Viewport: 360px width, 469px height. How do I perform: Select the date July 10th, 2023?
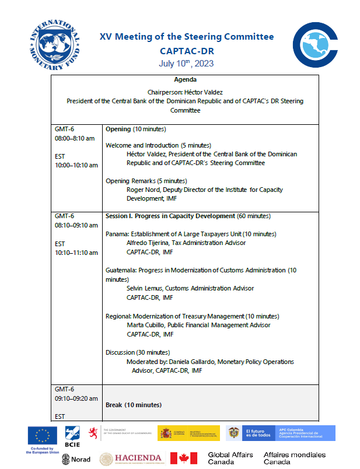(x=186, y=63)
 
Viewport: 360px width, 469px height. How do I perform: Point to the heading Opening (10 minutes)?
(x=135, y=129)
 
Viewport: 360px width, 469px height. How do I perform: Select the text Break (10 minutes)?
(x=134, y=404)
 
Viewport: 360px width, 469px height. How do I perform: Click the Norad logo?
(x=76, y=459)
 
